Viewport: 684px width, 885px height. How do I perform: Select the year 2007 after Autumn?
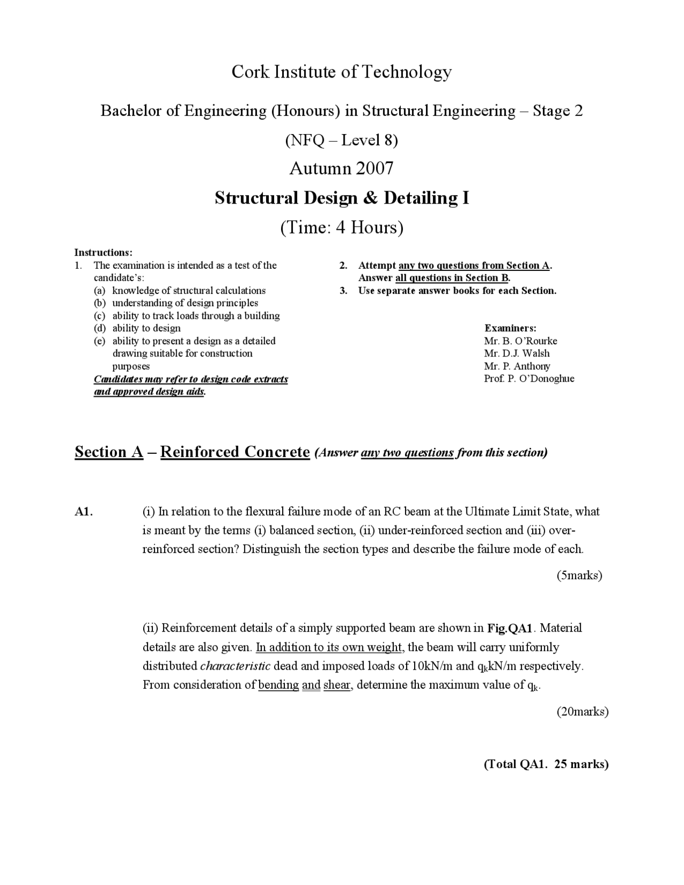tap(375, 168)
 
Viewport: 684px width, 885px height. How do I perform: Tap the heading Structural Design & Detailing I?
tap(341, 198)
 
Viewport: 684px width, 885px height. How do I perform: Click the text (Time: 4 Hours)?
tap(341, 228)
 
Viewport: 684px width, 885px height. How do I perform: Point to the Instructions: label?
tap(103, 252)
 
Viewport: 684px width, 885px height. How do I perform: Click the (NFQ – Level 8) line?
tap(341, 140)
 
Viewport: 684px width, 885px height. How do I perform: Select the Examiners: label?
tap(510, 328)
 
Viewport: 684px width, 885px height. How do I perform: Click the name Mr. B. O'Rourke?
tap(520, 341)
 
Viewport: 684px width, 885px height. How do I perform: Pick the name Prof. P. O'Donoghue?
tap(529, 379)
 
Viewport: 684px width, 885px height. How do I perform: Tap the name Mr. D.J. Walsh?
tap(517, 353)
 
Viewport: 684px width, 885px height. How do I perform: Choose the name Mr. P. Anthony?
tap(517, 366)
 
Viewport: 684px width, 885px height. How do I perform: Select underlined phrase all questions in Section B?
tap(452, 278)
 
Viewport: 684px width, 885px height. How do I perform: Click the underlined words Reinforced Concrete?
tap(235, 452)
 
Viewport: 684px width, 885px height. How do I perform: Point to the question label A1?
tap(84, 511)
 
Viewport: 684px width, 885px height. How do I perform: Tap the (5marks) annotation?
tap(579, 576)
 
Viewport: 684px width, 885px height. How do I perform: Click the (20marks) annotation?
tap(582, 711)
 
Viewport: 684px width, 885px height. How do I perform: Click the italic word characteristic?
tap(235, 666)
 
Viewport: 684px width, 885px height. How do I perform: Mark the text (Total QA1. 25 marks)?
tap(546, 764)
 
